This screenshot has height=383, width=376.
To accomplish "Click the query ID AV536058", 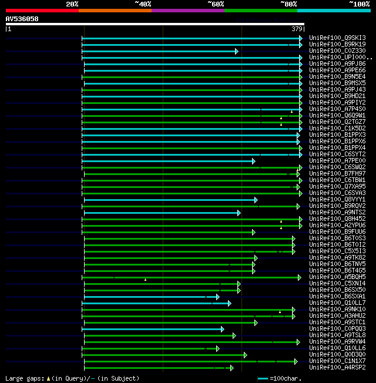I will (22, 19).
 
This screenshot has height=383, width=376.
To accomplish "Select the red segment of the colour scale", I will (42, 11).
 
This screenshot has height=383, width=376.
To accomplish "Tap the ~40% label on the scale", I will (143, 4).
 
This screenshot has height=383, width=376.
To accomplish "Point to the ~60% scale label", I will (216, 4).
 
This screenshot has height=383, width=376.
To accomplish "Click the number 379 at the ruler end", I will (297, 29).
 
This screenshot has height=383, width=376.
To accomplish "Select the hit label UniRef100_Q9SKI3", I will (337, 38).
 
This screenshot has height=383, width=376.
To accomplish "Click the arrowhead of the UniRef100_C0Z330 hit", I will (237, 51).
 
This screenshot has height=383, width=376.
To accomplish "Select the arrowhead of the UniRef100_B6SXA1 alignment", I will (217, 297).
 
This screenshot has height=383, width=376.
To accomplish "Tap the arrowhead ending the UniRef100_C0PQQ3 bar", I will (222, 329).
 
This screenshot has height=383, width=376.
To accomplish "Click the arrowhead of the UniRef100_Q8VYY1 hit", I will (256, 200).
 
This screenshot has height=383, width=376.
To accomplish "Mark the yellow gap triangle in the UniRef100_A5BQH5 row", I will (145, 280).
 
